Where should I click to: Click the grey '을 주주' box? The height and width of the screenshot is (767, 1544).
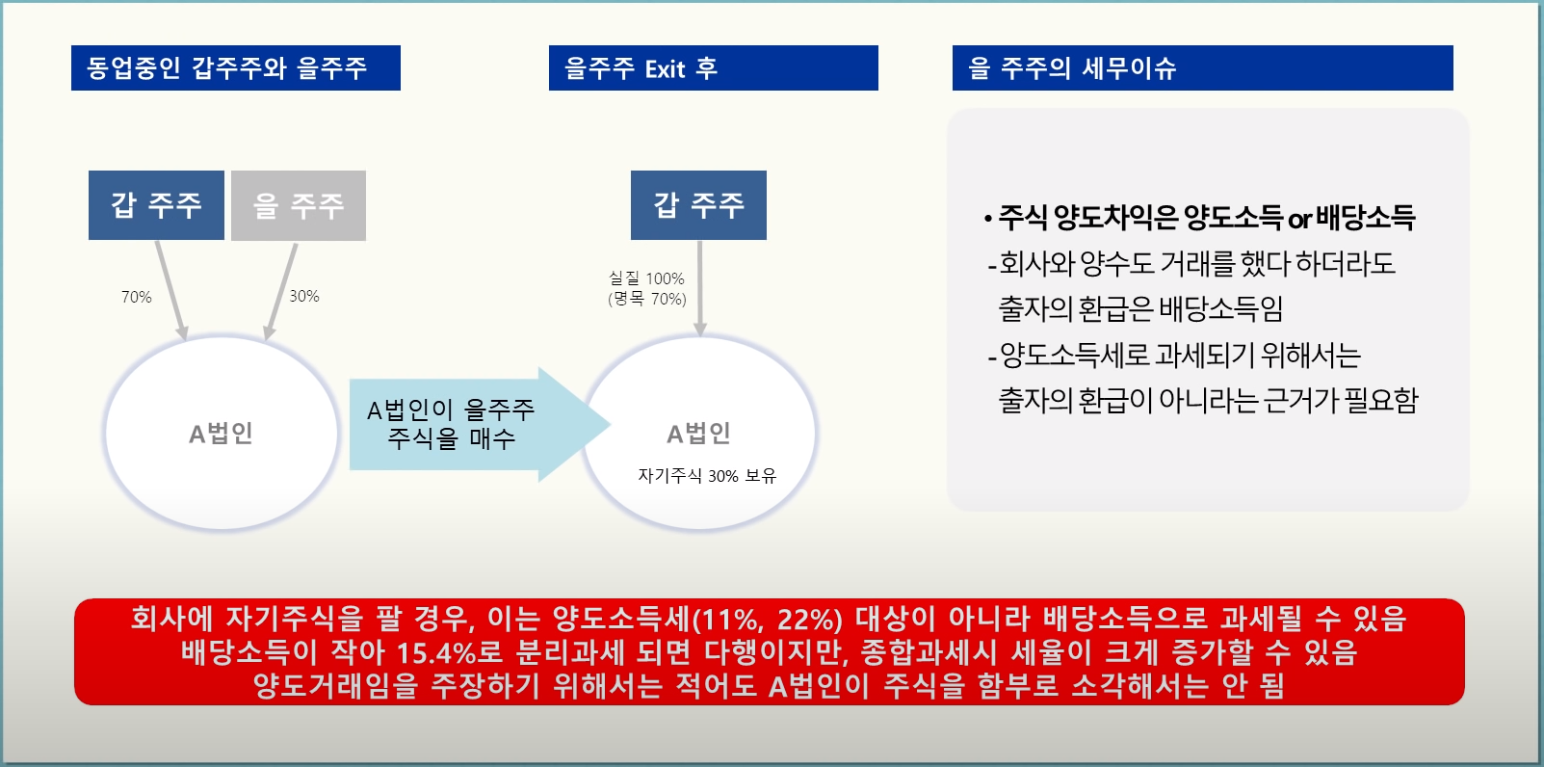point(299,205)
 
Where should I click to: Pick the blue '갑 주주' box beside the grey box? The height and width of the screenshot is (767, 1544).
point(156,205)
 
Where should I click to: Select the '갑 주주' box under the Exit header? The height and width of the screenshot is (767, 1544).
point(698,205)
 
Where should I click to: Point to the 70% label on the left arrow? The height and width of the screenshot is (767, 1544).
point(137,298)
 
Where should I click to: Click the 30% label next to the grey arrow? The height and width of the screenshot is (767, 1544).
point(304,297)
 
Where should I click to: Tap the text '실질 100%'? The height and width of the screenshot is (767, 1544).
point(646,278)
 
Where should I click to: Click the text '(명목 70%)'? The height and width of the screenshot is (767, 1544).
point(647,299)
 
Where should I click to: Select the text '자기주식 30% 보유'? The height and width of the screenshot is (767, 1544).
point(707,475)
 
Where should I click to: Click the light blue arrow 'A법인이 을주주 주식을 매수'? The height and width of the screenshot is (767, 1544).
point(480,425)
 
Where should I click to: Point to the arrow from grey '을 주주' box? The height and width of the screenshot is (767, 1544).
point(281,291)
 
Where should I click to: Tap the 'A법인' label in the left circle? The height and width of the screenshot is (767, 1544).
point(222,434)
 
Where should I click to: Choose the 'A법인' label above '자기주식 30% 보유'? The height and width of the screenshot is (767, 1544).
point(699,434)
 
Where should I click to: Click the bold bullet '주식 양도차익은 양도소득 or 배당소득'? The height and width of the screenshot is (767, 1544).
point(1200,218)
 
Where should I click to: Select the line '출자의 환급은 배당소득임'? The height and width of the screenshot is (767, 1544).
point(1140,308)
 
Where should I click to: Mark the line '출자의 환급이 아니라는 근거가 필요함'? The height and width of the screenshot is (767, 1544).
point(1208,400)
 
